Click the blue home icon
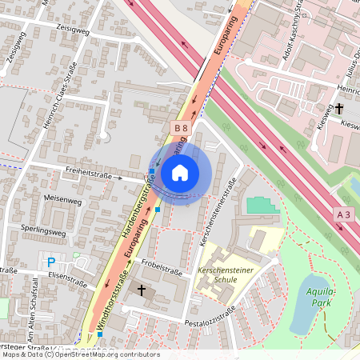180,172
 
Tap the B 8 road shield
181,127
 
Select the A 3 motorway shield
343,214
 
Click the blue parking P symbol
51,262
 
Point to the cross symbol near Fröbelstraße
142,290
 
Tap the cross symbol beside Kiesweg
338,108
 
